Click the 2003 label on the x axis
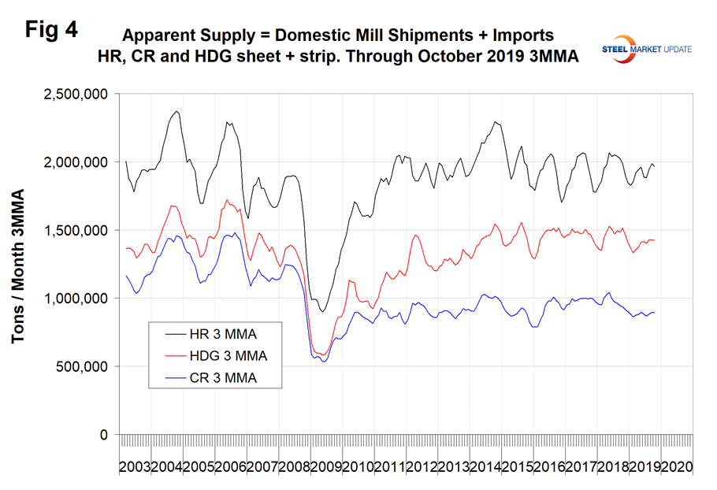(x=135, y=466)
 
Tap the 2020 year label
(x=676, y=466)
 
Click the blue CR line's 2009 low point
(x=323, y=362)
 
